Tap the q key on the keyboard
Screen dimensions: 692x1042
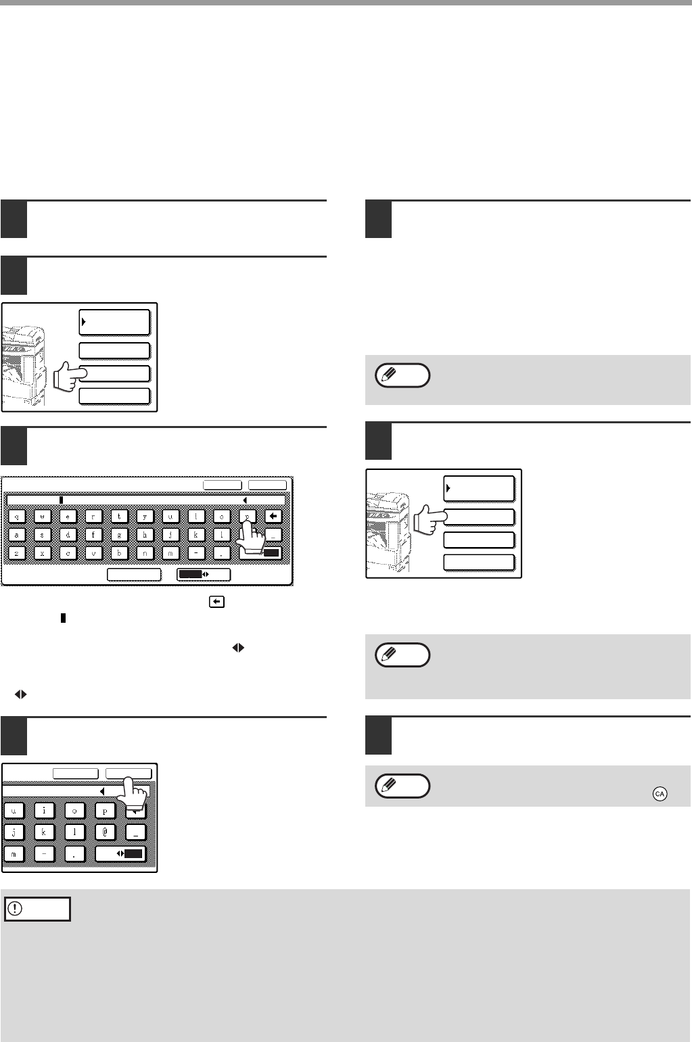16,515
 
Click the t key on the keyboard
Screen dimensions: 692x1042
119,515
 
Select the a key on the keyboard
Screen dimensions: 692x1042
16,534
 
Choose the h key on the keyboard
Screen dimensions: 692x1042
145,534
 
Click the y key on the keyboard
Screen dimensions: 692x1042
145,515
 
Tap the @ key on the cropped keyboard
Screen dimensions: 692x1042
105,830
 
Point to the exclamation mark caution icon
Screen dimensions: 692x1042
13,909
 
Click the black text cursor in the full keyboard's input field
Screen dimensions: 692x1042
61,500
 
